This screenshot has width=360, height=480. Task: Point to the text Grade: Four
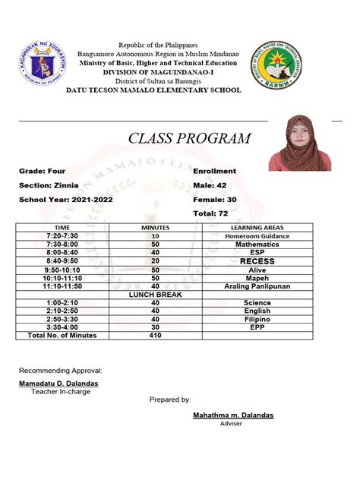[x=43, y=172]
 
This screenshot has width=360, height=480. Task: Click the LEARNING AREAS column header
[x=257, y=228]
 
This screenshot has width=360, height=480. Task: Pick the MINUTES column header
[x=155, y=228]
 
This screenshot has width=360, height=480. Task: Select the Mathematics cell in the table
[x=257, y=245]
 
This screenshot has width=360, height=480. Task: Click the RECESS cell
[x=257, y=261]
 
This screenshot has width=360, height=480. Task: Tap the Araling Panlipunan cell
[x=257, y=286]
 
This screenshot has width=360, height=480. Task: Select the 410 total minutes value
[x=155, y=335]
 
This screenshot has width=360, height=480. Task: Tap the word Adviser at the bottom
[x=231, y=425]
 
